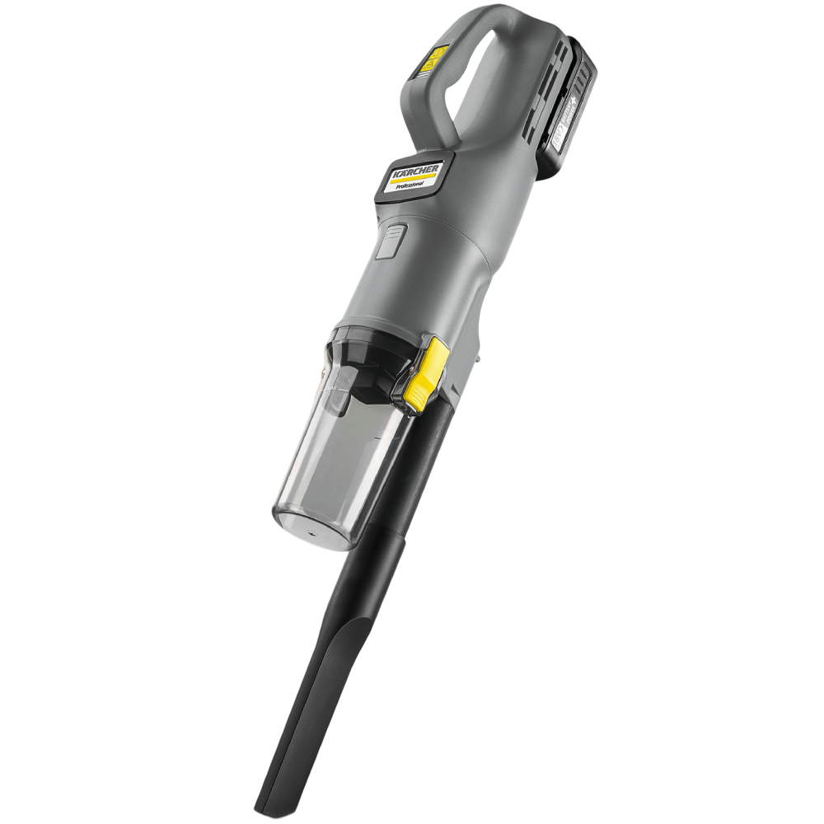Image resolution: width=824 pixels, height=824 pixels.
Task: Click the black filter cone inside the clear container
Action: (x=363, y=379)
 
